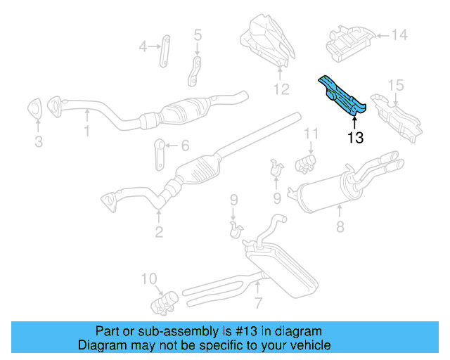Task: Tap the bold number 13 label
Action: (x=355, y=138)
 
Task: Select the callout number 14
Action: (x=399, y=34)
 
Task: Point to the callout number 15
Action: (x=396, y=85)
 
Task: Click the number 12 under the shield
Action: (x=281, y=89)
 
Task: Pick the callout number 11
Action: (x=311, y=133)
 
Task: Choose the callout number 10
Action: (x=150, y=279)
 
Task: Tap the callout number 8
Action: (x=340, y=227)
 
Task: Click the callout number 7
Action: (x=259, y=303)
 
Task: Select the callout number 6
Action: (x=185, y=146)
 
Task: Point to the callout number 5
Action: (x=197, y=34)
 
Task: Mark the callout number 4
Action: (x=143, y=47)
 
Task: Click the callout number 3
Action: (x=38, y=142)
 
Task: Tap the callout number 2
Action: (x=159, y=232)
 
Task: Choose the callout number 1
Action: (x=86, y=131)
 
